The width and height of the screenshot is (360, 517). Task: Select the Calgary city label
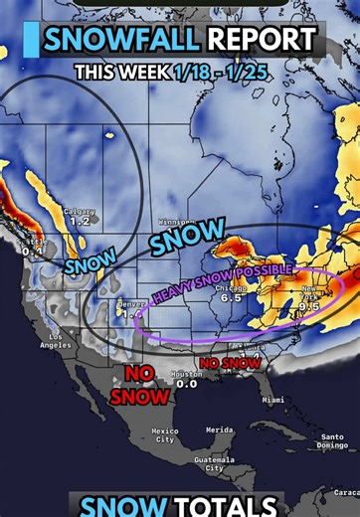pos(80,211)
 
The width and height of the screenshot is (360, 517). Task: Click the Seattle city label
pos(31,242)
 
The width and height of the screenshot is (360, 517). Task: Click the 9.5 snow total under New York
pos(308,306)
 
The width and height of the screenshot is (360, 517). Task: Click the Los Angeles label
pos(58,342)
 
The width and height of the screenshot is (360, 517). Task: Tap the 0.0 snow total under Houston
pos(186,384)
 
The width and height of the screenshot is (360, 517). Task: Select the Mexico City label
pos(165,435)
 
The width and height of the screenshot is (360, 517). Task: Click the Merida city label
pos(220,430)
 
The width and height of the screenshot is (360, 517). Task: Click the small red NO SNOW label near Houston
pos(230,363)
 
